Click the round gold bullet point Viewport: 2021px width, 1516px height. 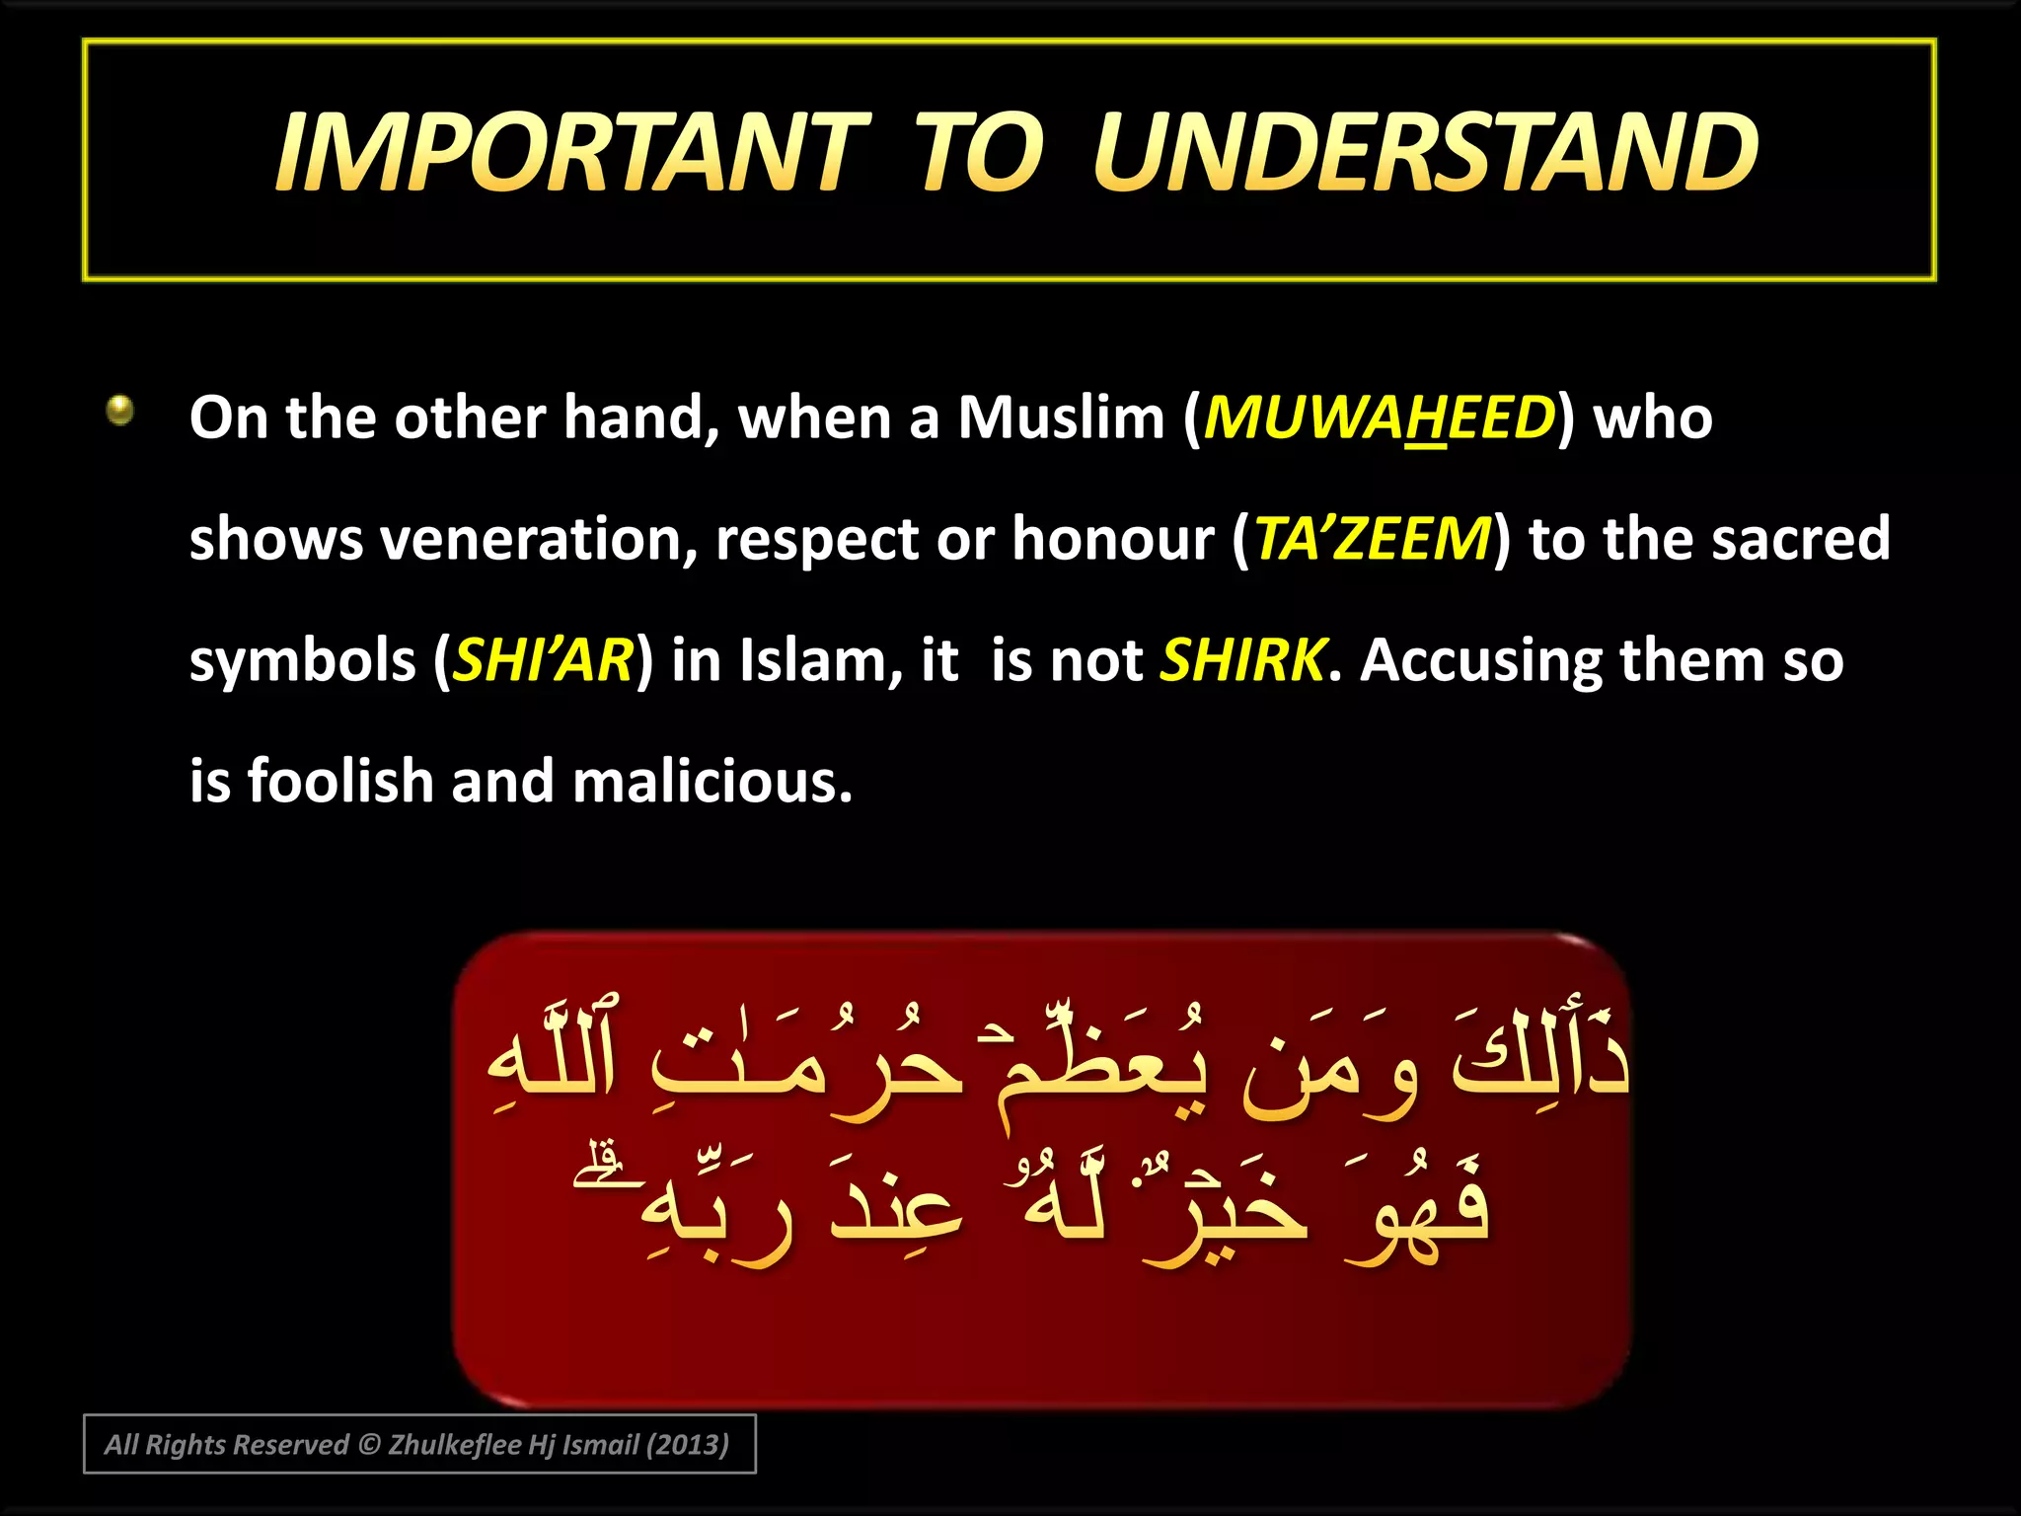(120, 409)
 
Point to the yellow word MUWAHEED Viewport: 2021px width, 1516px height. (1379, 417)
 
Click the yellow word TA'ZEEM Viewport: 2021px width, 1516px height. (1372, 539)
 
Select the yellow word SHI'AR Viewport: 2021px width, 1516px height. (543, 660)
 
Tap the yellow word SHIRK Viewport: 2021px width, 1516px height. (1242, 660)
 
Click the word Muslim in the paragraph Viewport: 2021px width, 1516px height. (1062, 417)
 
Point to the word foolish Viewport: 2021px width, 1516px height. (340, 782)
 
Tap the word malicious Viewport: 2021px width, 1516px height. (711, 782)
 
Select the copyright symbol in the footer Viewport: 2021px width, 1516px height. (369, 1445)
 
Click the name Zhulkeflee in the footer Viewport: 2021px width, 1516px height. (455, 1445)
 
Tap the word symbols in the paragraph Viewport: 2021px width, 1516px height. (303, 660)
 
